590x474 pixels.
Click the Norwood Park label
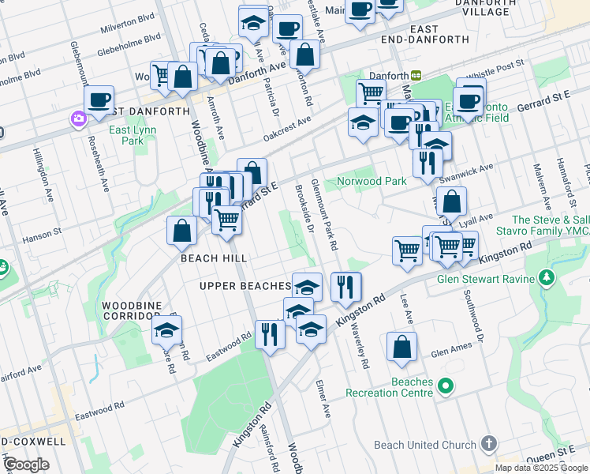point(372,181)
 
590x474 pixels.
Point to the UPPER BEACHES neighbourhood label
point(245,285)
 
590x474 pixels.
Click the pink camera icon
point(78,119)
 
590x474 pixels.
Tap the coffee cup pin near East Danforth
point(99,100)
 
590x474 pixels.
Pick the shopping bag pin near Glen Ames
point(402,347)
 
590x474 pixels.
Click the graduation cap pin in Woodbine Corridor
point(167,331)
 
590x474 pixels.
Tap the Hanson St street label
point(46,233)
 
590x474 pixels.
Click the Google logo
point(26,464)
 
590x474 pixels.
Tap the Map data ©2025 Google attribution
point(540,468)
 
